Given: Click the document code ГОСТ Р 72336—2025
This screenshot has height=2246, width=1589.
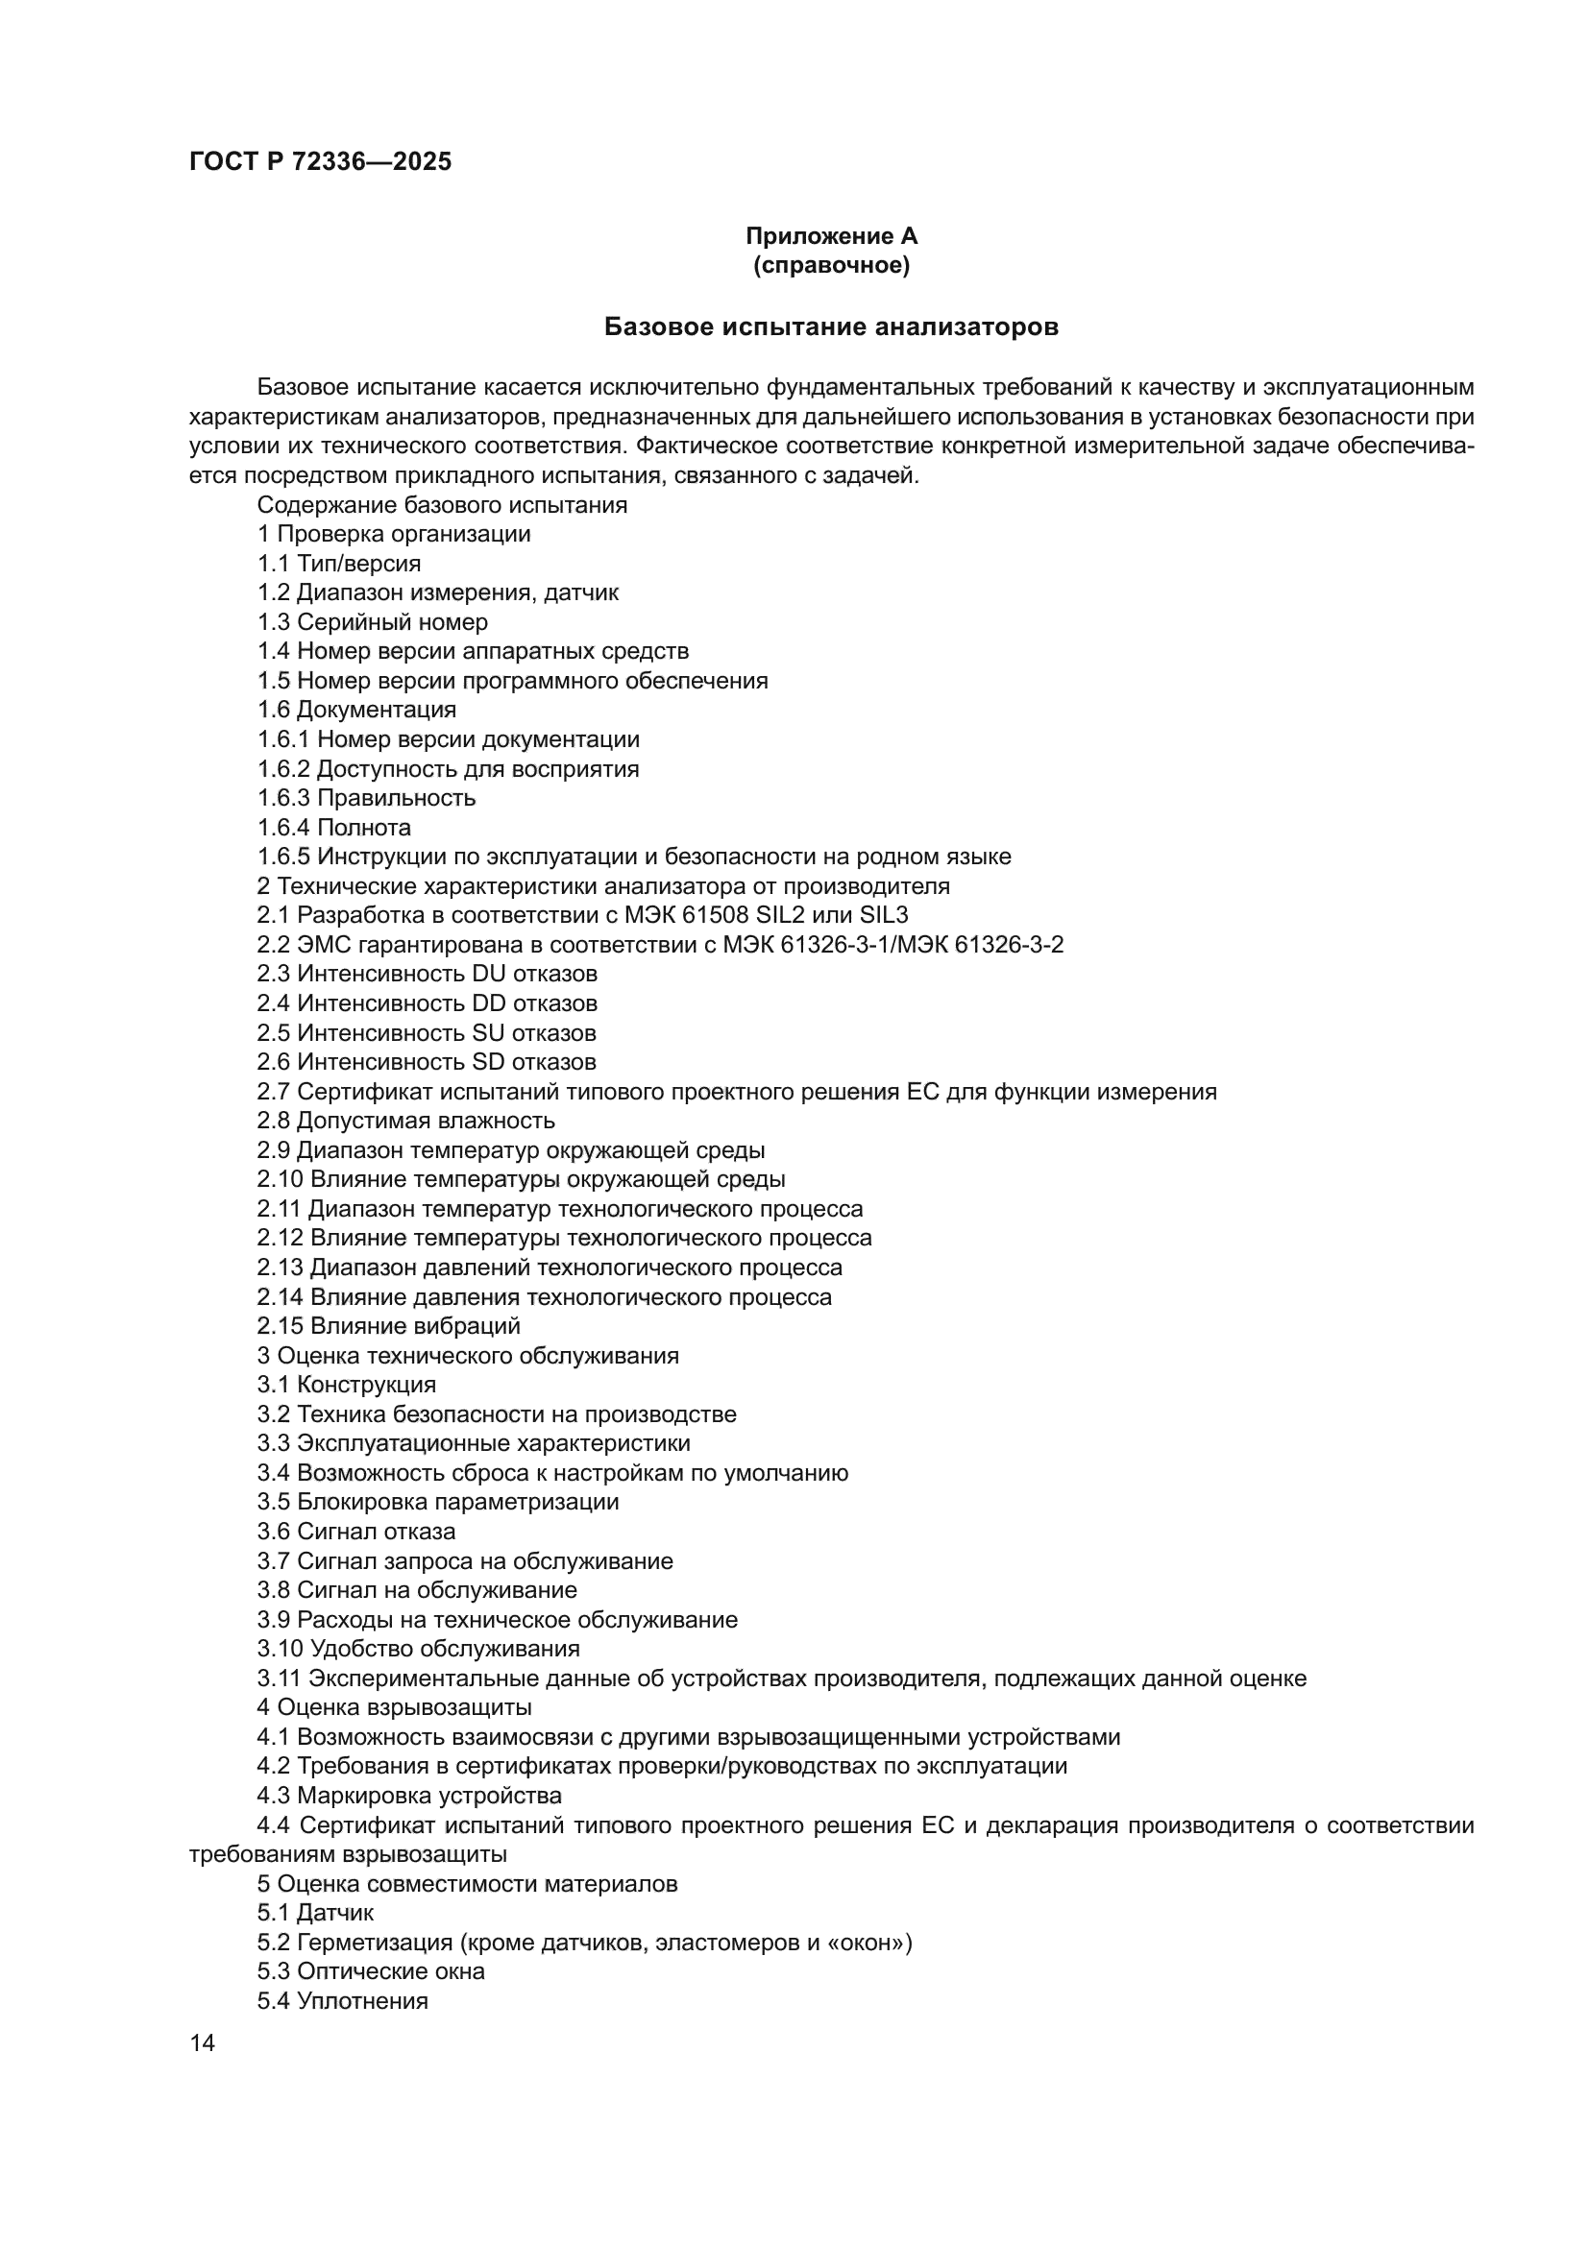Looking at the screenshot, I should click(x=320, y=162).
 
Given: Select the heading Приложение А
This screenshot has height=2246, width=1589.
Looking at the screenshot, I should click(x=831, y=236).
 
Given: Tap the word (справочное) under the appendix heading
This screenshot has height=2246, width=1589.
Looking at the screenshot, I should click(x=831, y=265).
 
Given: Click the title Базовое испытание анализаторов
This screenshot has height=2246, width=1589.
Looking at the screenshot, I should click(x=831, y=326).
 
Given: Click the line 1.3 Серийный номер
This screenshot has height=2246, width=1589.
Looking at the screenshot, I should click(x=372, y=622).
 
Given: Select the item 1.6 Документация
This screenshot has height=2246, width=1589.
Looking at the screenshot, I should click(x=356, y=711).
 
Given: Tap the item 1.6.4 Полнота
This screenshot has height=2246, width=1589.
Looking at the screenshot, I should click(x=333, y=828).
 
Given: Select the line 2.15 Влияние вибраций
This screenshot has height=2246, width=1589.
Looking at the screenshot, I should click(x=388, y=1326).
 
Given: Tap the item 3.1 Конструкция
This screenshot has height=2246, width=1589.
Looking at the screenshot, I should click(x=347, y=1386).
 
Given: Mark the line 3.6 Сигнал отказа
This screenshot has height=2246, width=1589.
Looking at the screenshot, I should click(x=356, y=1532).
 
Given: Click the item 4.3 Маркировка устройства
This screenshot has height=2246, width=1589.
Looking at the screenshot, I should click(x=409, y=1796).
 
